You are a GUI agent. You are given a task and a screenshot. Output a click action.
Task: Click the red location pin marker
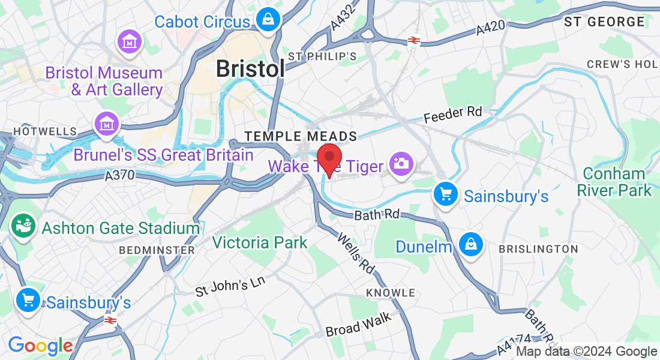click(329, 158)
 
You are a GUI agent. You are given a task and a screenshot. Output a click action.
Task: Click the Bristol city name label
click(250, 69)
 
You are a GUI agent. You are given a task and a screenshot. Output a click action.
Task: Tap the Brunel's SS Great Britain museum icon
click(107, 124)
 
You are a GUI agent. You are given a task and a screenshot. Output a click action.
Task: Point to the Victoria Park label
click(260, 243)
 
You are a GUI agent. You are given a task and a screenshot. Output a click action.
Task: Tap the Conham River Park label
click(613, 182)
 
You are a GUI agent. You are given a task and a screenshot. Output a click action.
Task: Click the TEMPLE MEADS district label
click(301, 137)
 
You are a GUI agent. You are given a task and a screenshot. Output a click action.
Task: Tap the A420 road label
click(491, 28)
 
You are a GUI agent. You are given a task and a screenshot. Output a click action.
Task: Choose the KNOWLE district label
click(391, 293)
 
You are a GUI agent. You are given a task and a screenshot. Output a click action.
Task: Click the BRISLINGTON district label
click(538, 248)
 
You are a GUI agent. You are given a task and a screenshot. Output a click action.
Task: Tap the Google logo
click(40, 346)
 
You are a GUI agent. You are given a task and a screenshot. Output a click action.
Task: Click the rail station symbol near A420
click(413, 40)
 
